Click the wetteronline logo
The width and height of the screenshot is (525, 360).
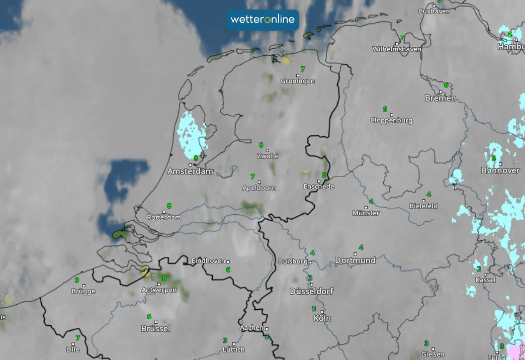click(x=262, y=20)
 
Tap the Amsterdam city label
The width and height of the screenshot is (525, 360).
click(x=190, y=171)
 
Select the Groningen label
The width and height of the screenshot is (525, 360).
click(x=298, y=81)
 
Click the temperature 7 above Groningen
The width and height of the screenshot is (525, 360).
click(x=303, y=69)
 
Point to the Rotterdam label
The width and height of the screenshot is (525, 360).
click(x=164, y=218)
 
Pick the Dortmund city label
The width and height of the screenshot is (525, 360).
click(x=355, y=260)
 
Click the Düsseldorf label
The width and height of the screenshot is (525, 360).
click(x=311, y=292)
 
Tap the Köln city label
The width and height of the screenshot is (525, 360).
click(x=322, y=318)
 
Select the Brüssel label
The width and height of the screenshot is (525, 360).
click(x=155, y=329)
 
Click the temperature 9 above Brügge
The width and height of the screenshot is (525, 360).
click(x=77, y=280)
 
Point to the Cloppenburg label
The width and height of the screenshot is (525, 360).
click(x=391, y=121)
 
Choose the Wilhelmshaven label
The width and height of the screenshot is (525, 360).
click(x=397, y=49)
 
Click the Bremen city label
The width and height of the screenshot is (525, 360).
click(x=441, y=99)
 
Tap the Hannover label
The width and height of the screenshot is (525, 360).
click(x=500, y=171)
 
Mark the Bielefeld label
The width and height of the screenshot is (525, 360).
click(x=423, y=206)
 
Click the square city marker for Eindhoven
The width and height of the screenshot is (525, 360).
click(x=228, y=261)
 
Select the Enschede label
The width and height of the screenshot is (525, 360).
click(x=319, y=187)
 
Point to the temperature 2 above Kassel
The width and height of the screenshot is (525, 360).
click(x=479, y=269)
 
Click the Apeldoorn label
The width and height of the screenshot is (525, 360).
click(x=259, y=188)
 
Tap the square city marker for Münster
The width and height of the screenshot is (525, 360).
click(x=366, y=206)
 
